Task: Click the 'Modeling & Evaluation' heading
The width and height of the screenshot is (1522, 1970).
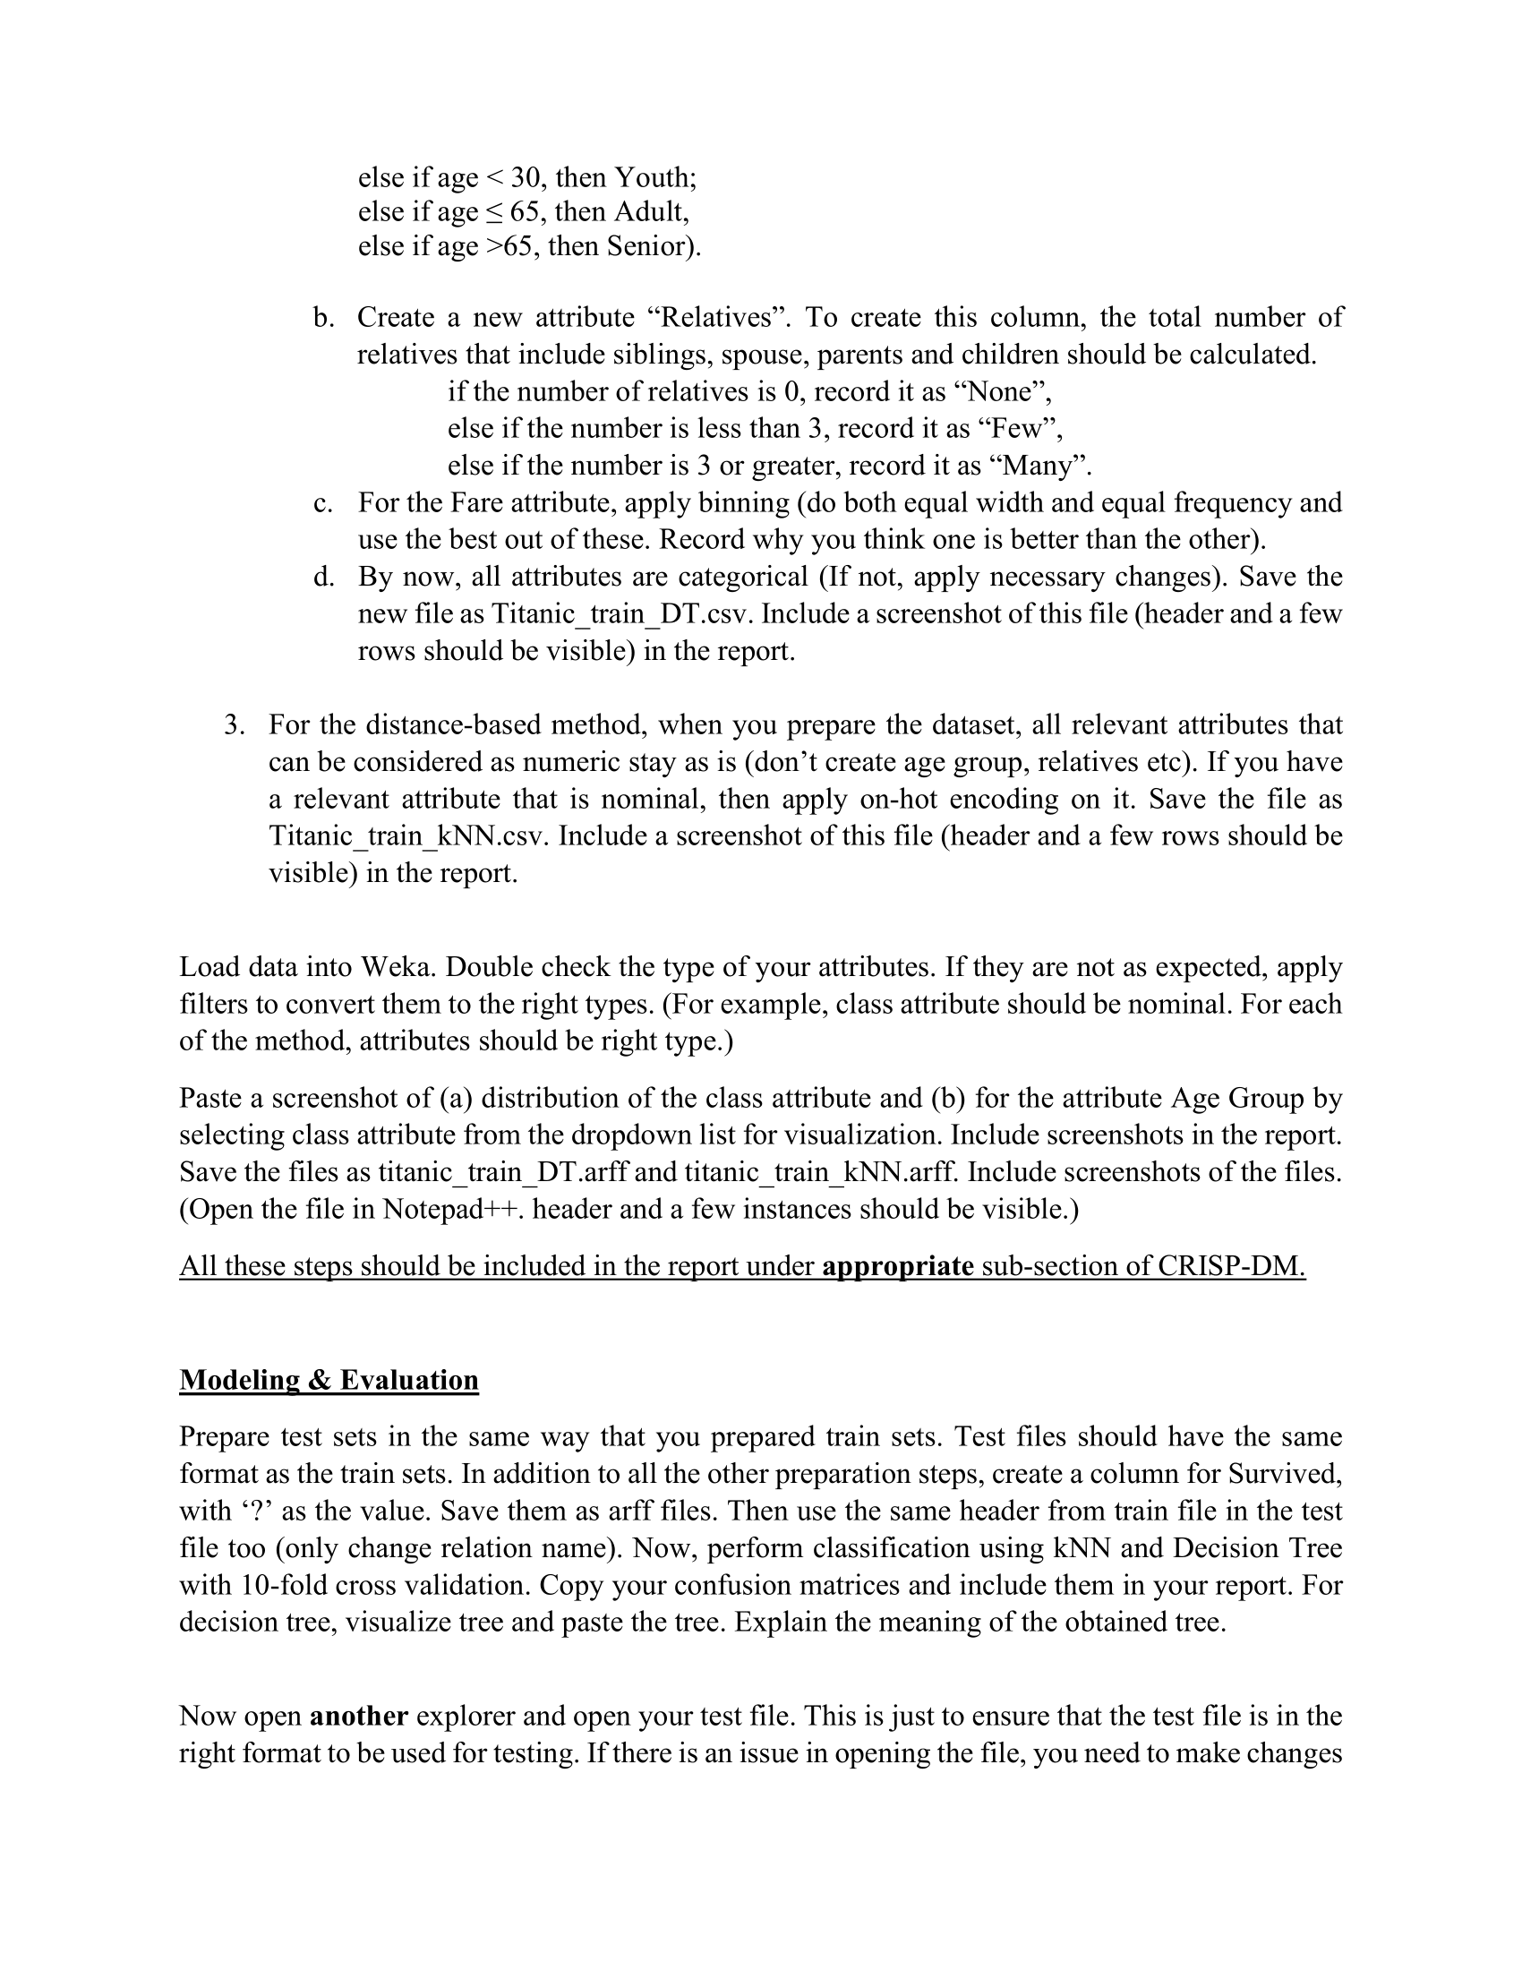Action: point(329,1380)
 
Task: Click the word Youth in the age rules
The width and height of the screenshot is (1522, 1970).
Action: point(652,176)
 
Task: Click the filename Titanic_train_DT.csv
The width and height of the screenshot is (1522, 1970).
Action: point(622,614)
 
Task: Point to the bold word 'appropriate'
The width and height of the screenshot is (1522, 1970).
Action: point(897,1265)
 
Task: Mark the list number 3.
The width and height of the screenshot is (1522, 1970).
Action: point(234,725)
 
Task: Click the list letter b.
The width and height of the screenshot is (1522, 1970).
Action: point(322,318)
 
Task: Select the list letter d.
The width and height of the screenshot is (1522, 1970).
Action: point(322,577)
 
